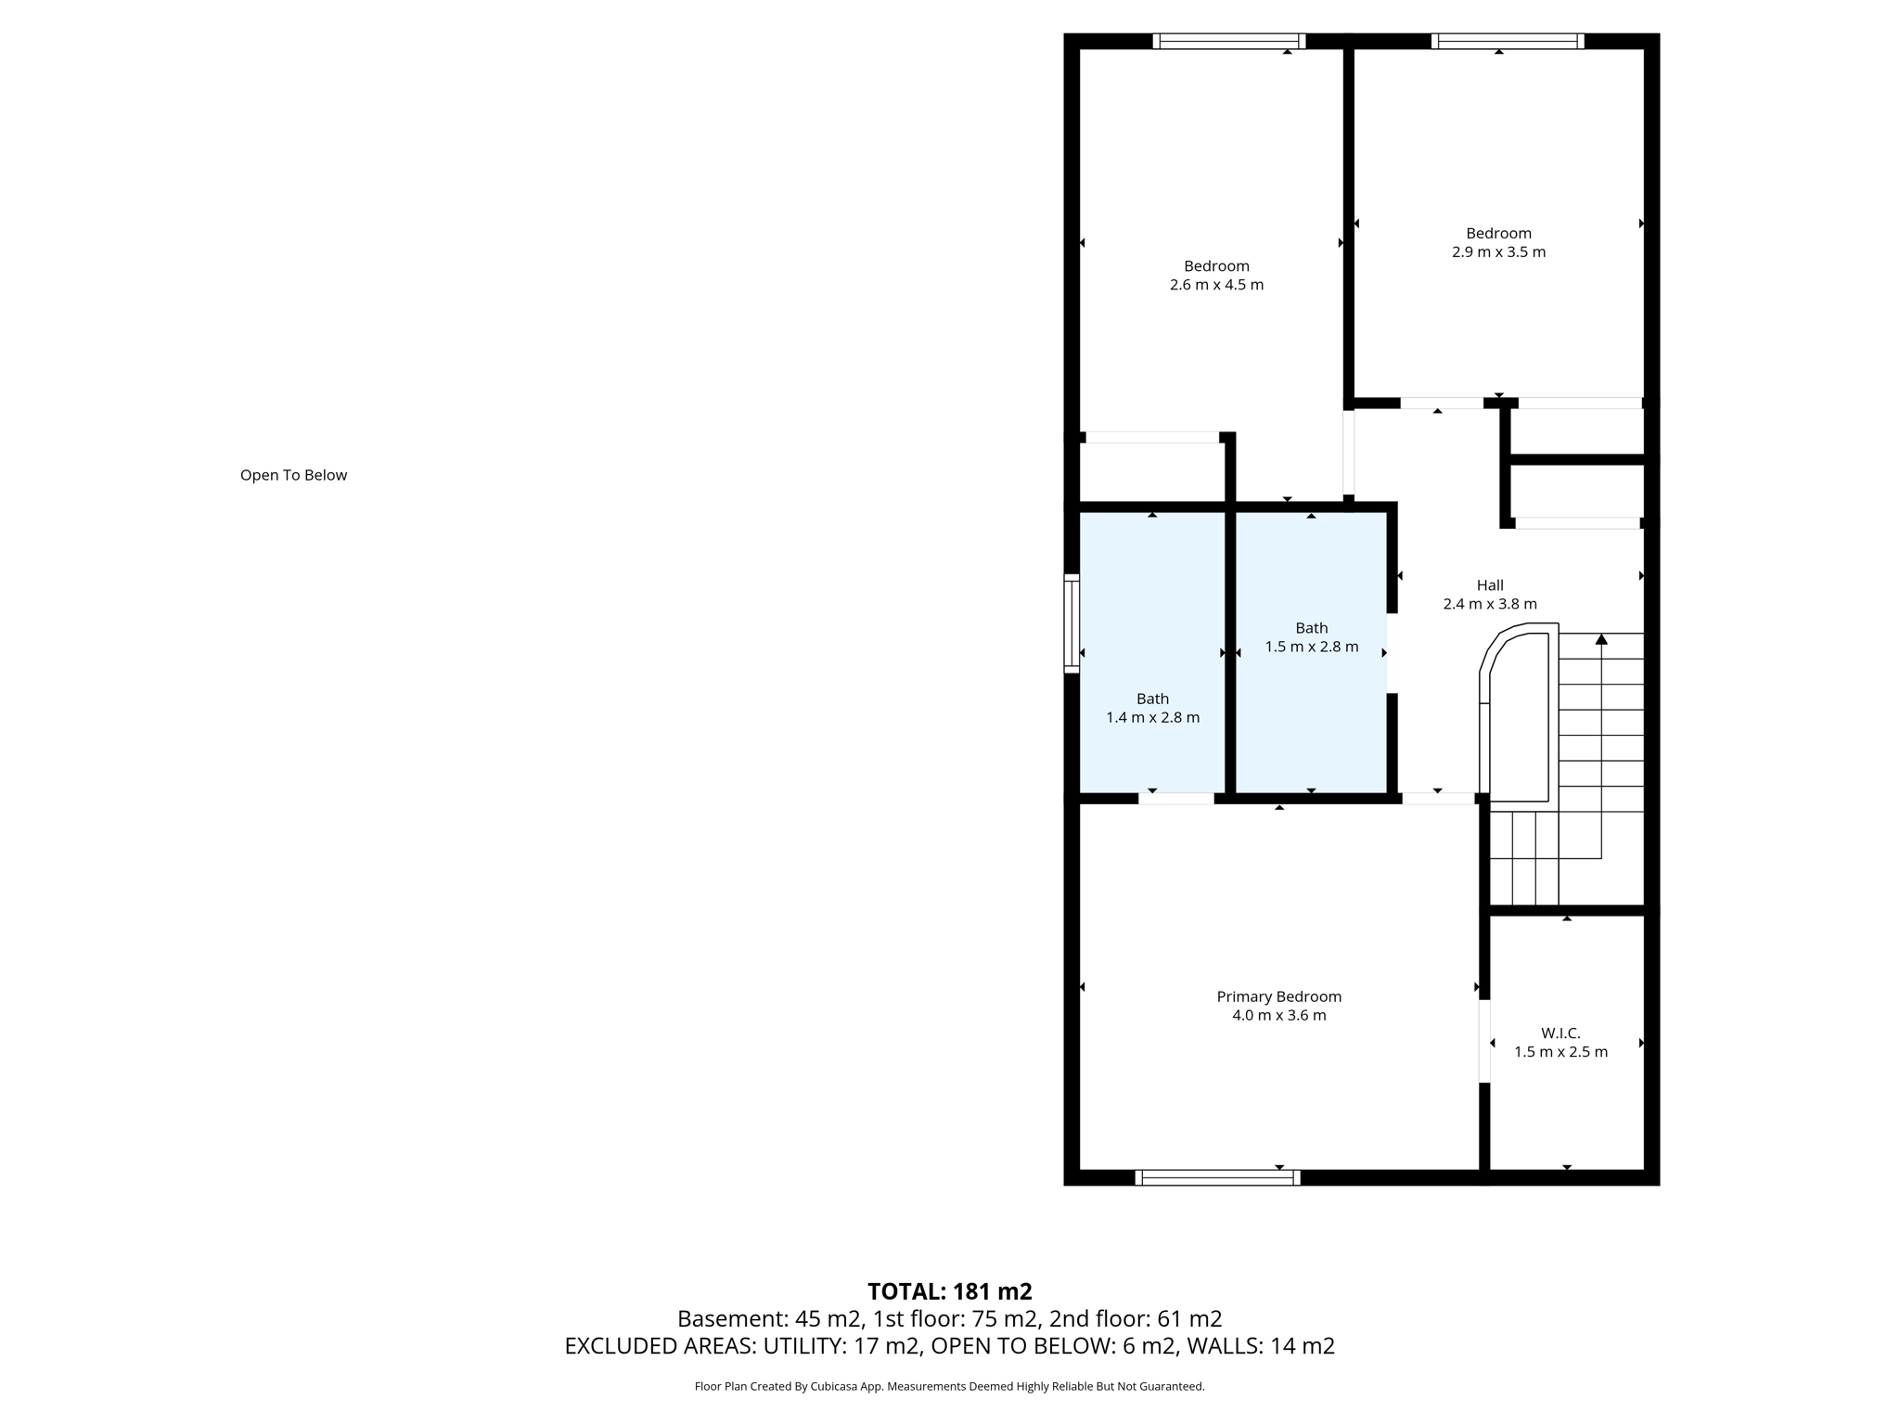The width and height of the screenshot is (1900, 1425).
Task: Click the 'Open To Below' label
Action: pyautogui.click(x=293, y=475)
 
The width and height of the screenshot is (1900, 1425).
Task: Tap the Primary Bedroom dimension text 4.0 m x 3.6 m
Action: pyautogui.click(x=1278, y=1015)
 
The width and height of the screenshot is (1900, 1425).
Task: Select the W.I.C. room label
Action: pyautogui.click(x=1560, y=1033)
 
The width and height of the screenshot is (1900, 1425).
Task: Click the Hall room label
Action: pyautogui.click(x=1490, y=585)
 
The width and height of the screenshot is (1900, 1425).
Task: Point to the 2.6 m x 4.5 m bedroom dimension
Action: pyautogui.click(x=1216, y=285)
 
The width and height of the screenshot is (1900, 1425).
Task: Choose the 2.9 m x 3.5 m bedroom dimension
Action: pyautogui.click(x=1498, y=252)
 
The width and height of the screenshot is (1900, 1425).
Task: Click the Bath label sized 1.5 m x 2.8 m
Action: pyautogui.click(x=1311, y=628)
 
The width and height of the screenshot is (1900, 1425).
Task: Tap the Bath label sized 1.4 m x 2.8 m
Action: pyautogui.click(x=1152, y=699)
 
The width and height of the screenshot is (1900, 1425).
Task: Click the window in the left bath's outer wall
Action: pyautogui.click(x=1072, y=623)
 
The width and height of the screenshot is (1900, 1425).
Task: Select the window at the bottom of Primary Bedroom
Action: pyautogui.click(x=1217, y=1177)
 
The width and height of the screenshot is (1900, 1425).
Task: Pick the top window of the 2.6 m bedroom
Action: pyautogui.click(x=1228, y=41)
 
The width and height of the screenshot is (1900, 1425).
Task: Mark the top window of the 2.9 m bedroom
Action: pyautogui.click(x=1507, y=41)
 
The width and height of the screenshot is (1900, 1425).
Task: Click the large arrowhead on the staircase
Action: pyautogui.click(x=1601, y=639)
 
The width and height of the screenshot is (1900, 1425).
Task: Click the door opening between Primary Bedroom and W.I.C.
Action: pyautogui.click(x=1484, y=1041)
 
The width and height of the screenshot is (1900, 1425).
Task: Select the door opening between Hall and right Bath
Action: pyautogui.click(x=1392, y=653)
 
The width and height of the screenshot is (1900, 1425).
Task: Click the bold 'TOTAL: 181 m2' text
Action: pyautogui.click(x=949, y=1291)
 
